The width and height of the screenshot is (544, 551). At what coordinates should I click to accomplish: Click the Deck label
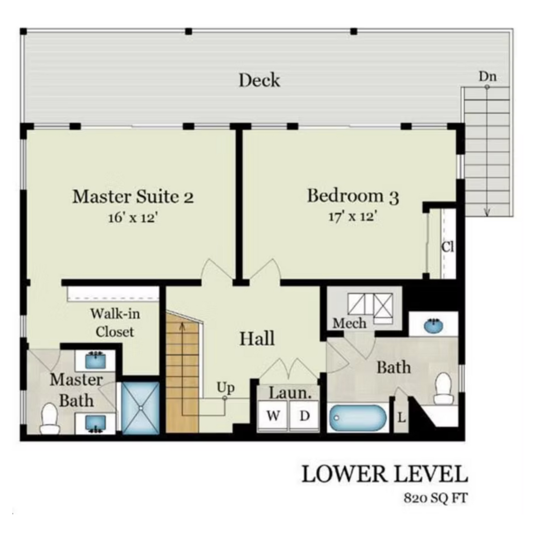click(259, 81)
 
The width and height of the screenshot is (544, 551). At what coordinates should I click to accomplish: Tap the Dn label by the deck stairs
click(488, 77)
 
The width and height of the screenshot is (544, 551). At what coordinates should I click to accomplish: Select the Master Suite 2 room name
click(133, 197)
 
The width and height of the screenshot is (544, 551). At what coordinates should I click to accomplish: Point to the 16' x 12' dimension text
click(133, 218)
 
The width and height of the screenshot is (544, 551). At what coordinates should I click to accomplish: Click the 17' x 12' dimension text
click(352, 217)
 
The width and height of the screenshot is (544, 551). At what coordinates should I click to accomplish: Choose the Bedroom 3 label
click(353, 196)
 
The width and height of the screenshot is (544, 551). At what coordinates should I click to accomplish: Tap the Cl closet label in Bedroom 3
click(448, 247)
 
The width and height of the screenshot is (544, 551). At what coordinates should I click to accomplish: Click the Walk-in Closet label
click(116, 323)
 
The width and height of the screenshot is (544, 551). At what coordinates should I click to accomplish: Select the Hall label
click(257, 339)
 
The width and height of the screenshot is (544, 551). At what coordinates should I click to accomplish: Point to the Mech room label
click(350, 323)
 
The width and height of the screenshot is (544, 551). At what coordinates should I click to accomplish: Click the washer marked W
click(273, 416)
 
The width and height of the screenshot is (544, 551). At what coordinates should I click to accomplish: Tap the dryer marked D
click(304, 416)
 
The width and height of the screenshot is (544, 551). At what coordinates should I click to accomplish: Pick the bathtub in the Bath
click(358, 418)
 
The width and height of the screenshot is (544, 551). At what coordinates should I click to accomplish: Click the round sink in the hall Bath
click(433, 325)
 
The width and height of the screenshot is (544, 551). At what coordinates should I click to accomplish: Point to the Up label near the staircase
click(225, 388)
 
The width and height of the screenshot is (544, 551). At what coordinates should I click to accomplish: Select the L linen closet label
click(402, 418)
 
